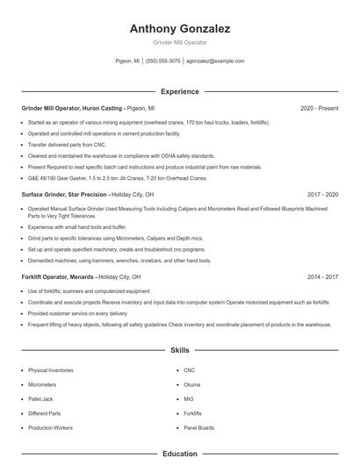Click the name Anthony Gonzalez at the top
click(x=180, y=29)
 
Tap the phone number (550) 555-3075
click(x=163, y=61)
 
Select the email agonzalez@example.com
click(x=215, y=61)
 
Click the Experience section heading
click(x=180, y=91)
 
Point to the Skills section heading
click(x=180, y=350)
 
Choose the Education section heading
click(x=180, y=454)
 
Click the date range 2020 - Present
click(x=319, y=108)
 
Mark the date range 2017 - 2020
click(x=322, y=194)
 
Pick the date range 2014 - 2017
click(x=322, y=276)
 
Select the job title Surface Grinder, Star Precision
click(x=64, y=194)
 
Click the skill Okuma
click(x=192, y=384)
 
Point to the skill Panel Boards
click(x=198, y=427)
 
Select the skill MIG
click(x=189, y=398)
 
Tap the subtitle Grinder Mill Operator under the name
click(x=180, y=43)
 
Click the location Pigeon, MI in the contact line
click(x=127, y=61)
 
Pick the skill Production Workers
click(x=51, y=427)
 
